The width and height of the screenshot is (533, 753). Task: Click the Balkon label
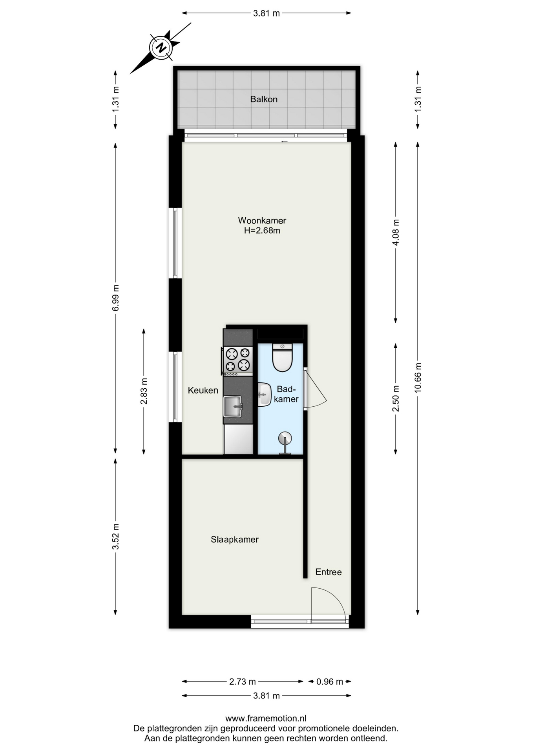264,99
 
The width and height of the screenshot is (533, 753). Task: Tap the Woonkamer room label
262,220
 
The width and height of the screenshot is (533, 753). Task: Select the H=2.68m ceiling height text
262,231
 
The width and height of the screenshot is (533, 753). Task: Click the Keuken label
203,390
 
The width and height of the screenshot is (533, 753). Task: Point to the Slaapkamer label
235,539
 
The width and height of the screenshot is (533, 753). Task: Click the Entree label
329,572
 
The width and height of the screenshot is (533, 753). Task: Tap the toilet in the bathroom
282,357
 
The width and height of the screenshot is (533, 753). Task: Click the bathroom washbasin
265,395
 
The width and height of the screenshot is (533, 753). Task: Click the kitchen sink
233,407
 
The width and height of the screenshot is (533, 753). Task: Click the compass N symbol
161,48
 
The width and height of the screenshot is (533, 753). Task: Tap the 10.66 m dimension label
418,378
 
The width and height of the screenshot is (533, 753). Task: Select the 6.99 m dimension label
115,298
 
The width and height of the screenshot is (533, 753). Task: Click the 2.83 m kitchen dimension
144,391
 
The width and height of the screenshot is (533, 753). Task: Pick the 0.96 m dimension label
330,682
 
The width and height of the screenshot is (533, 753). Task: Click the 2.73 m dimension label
243,682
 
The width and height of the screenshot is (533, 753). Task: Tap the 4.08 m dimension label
396,233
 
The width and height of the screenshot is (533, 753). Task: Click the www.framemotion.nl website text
266,718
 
